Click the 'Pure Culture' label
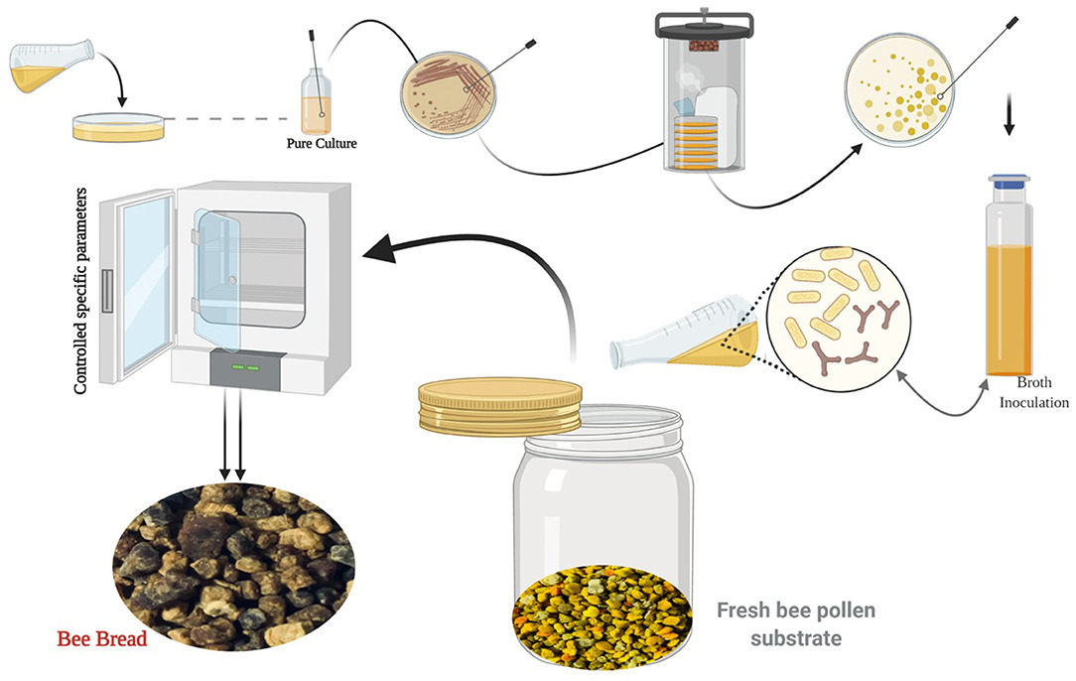322,144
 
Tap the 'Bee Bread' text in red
102,639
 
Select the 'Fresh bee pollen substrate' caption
796,624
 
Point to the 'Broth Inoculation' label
1033,392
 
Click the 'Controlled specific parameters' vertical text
80,291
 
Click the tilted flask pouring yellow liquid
52,66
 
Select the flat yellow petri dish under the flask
119,127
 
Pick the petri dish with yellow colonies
899,90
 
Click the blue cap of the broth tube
1009,182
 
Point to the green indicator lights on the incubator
245,367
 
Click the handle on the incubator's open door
106,291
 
